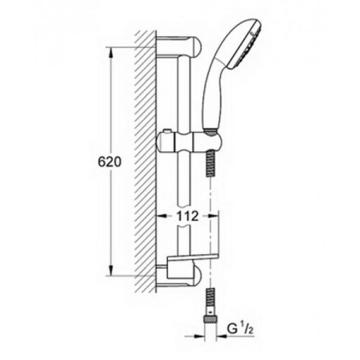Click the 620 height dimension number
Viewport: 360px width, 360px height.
tap(110, 161)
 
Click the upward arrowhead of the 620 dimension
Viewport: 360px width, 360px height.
tap(110, 51)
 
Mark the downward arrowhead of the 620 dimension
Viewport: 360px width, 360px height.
tap(110, 272)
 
